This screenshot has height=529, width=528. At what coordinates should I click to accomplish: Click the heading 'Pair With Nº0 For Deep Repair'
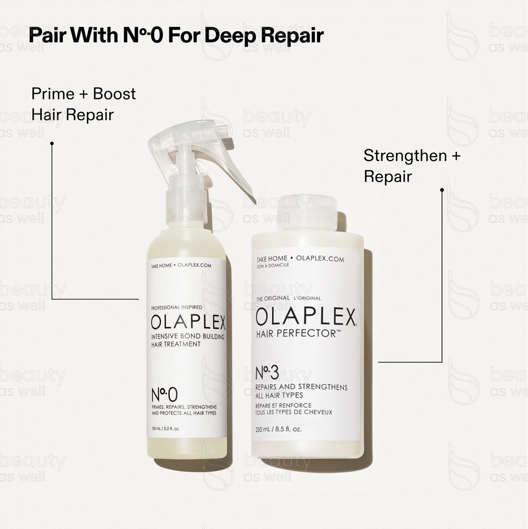[176, 35]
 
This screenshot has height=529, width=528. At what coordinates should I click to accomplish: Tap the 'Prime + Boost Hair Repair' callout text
[83, 104]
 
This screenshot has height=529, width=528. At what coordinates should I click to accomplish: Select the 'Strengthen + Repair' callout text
[412, 166]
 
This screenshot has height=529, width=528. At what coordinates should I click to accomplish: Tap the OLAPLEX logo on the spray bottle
[188, 322]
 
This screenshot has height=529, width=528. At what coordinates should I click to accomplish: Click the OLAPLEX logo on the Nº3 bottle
[305, 317]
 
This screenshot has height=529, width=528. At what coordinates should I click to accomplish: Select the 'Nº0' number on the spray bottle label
[164, 394]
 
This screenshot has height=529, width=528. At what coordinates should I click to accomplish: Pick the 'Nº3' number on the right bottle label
[267, 373]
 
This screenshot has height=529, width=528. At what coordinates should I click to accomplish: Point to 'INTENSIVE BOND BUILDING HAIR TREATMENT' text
[187, 340]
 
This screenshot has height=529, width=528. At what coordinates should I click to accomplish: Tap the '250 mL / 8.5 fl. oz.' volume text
[278, 429]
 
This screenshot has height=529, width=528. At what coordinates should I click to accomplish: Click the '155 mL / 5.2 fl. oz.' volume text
[165, 429]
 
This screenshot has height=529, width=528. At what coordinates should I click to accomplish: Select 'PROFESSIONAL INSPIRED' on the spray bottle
[177, 307]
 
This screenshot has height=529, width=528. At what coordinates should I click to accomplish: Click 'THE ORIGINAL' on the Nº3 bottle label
[273, 298]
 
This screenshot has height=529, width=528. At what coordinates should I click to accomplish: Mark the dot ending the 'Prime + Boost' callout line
[52, 143]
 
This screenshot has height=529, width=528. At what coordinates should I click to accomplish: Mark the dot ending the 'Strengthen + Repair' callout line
[442, 190]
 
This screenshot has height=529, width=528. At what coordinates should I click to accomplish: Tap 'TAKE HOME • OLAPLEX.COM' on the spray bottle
[181, 265]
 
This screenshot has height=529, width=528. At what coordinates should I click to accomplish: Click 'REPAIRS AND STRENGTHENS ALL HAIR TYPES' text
[301, 391]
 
